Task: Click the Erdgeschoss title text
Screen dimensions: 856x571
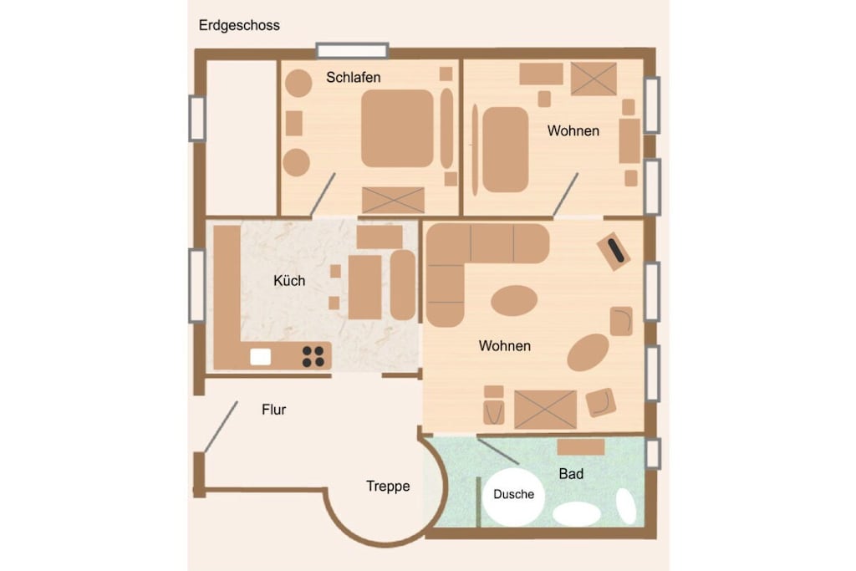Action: coord(239,26)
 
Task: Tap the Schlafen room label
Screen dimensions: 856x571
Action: coord(354,78)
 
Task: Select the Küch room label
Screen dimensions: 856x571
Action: coord(289,281)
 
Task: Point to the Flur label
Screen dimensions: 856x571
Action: coord(273,410)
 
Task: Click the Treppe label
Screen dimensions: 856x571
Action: coord(388,486)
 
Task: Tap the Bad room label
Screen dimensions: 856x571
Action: coord(571,474)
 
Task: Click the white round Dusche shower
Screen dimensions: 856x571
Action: coord(513,497)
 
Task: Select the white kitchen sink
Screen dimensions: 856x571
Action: coord(261,357)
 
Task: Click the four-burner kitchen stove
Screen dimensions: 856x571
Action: coord(313,356)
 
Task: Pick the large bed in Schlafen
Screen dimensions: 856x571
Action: coord(397,128)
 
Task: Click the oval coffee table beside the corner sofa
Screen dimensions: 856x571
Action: coord(514,300)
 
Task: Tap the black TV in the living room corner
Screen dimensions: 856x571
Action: coord(616,250)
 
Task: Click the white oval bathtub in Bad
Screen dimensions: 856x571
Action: coord(577,514)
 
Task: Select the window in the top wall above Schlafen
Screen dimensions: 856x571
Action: coord(352,51)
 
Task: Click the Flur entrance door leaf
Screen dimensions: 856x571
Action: coord(221,427)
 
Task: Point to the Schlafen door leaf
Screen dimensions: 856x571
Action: coord(323,194)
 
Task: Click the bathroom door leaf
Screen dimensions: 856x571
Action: coord(498,451)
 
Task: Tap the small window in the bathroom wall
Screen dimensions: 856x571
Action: coord(653,453)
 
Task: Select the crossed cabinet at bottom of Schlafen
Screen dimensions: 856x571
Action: coord(393,200)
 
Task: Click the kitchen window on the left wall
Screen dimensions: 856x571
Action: coord(197,286)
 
